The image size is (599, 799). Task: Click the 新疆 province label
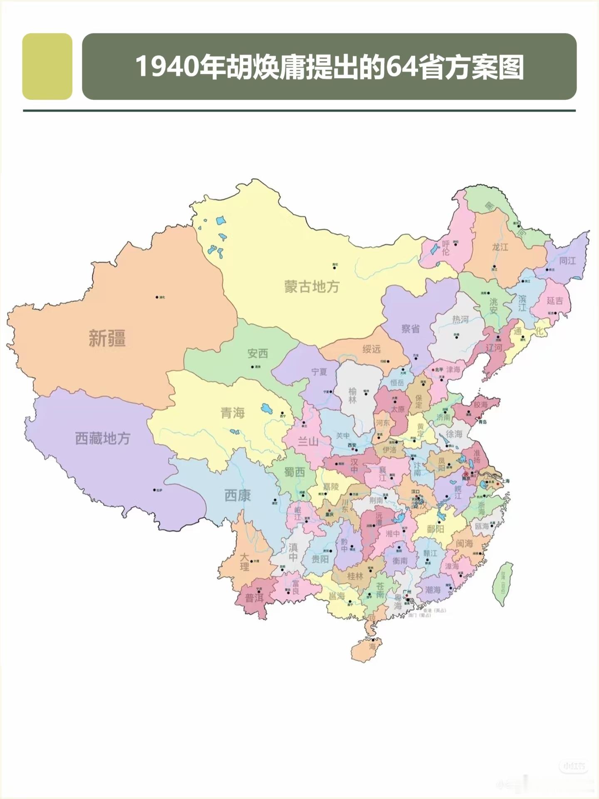(x=107, y=338)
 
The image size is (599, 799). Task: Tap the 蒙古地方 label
(x=312, y=287)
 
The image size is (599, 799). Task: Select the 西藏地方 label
(x=103, y=438)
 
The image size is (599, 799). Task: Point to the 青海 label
(x=233, y=413)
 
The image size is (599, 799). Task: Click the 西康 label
(x=238, y=495)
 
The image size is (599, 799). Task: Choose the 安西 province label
(x=257, y=353)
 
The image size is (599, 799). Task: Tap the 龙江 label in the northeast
(x=500, y=247)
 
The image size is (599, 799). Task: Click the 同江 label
(x=567, y=261)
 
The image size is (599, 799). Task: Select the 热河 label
(x=460, y=319)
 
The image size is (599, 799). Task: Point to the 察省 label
(x=410, y=329)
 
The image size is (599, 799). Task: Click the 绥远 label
(x=371, y=349)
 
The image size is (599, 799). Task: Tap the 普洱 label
(x=254, y=598)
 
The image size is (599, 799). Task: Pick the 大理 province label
(x=244, y=562)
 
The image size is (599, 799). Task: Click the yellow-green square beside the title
(x=47, y=67)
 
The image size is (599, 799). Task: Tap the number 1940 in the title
(x=166, y=67)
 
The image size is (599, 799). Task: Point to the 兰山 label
(x=308, y=442)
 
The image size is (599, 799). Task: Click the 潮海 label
(x=433, y=590)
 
